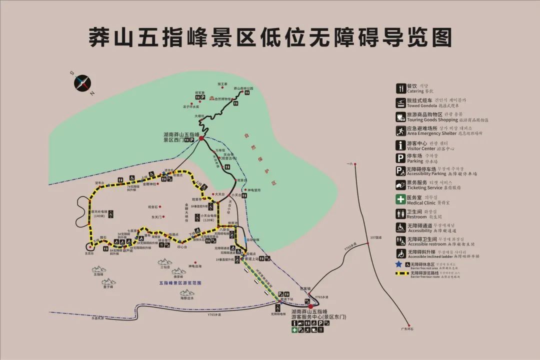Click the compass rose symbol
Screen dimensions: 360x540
click(82, 82)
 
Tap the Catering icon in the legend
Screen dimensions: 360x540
click(400, 88)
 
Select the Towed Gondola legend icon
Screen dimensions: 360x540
click(400, 102)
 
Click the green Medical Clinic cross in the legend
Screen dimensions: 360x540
click(400, 199)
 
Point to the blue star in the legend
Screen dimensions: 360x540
click(398, 264)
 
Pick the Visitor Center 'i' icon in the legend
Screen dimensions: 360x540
click(400, 145)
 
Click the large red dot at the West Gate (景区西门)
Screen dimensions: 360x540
click(201, 138)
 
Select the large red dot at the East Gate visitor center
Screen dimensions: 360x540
click(310, 306)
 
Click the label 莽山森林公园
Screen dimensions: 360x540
click(243, 88)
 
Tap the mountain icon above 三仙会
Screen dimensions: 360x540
click(164, 261)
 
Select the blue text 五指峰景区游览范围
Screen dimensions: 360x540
click(180, 283)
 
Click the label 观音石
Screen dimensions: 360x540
click(153, 206)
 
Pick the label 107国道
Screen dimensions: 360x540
click(375, 237)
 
